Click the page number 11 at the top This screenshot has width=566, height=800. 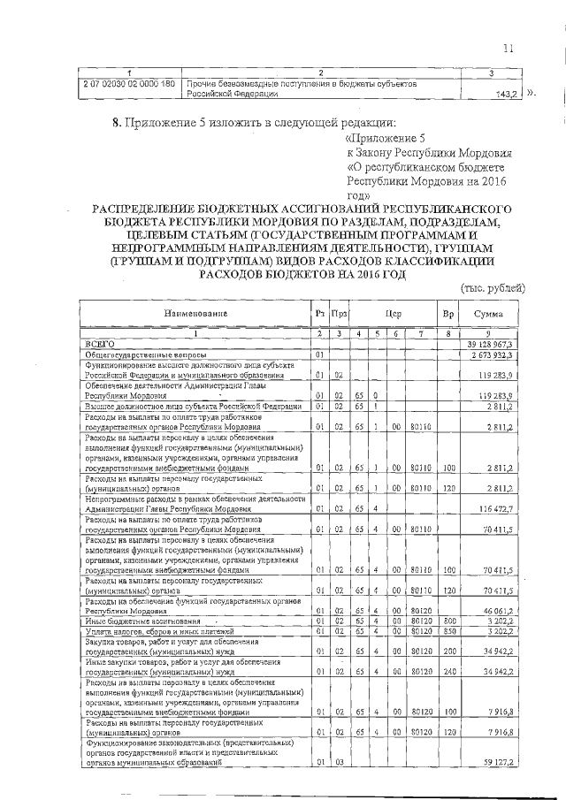coord(508,48)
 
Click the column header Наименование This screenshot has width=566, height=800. coord(195,313)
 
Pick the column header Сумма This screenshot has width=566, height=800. coord(487,313)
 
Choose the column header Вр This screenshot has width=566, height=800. coord(448,313)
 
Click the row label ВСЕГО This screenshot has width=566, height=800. coord(99,343)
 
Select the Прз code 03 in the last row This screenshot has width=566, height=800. coord(339,761)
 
